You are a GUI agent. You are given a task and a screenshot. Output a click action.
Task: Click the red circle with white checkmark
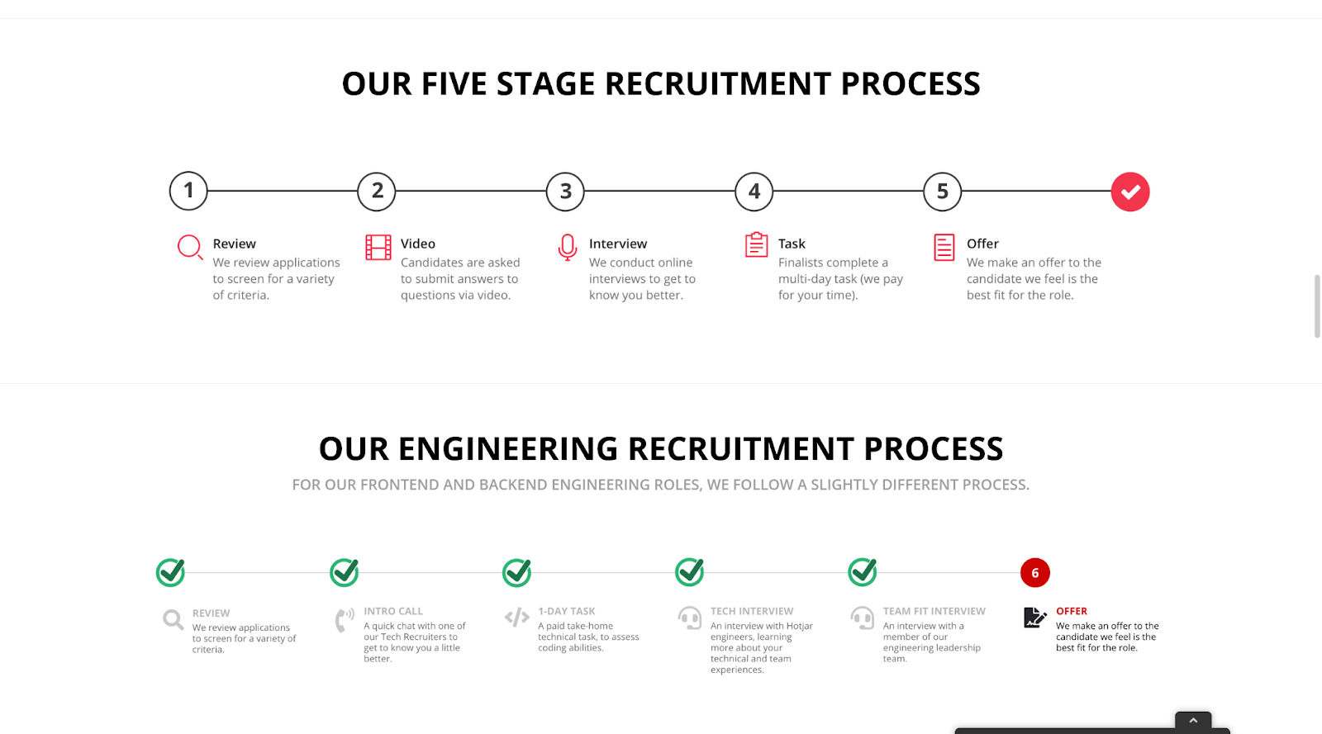pos(1130,192)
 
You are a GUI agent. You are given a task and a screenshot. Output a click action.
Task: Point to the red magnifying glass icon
pos(190,247)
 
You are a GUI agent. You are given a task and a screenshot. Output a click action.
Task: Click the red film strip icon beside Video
pos(378,247)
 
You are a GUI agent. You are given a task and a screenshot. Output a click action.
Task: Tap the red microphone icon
pos(567,247)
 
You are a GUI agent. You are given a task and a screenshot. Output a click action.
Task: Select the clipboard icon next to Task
pos(756,244)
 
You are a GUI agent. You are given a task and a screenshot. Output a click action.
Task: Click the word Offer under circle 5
pos(982,244)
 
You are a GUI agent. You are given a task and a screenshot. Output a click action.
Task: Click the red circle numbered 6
pos(1035,572)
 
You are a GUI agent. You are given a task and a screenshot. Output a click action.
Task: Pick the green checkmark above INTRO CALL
pos(345,572)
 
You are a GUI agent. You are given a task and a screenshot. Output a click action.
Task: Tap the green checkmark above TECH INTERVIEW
pos(690,572)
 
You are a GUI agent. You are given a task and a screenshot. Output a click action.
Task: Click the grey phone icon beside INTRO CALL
pos(345,620)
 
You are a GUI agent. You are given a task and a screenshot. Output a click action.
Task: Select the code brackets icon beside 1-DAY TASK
pos(517,618)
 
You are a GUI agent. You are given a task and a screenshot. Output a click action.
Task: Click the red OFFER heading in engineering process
pos(1071,611)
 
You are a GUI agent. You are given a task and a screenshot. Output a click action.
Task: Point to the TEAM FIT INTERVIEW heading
pos(934,611)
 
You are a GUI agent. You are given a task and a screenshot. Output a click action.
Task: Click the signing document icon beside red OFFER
pos(1034,618)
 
